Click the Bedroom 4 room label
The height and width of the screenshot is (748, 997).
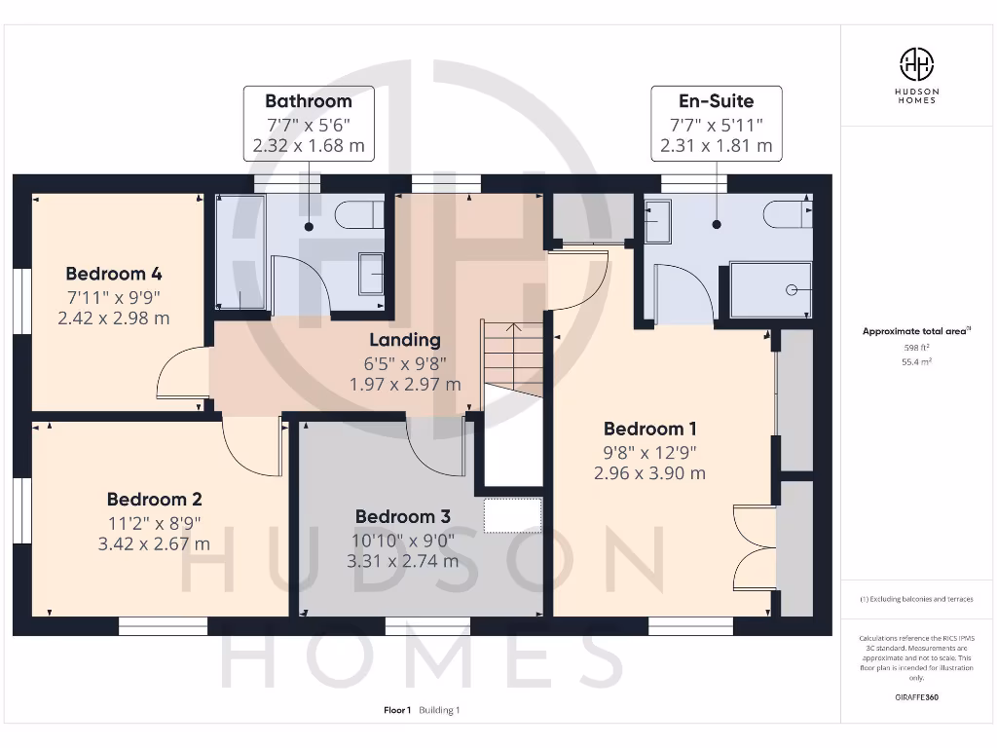tap(114, 274)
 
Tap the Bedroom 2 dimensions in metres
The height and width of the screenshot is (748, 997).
tap(154, 543)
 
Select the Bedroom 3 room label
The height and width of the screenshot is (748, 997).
tap(402, 517)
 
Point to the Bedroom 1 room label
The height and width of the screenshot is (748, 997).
tap(649, 430)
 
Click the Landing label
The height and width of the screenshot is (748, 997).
tap(405, 340)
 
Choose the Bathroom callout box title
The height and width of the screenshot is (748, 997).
tap(309, 100)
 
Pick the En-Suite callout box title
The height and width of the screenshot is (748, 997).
tap(716, 100)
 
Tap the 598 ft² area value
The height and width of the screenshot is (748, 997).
tap(915, 347)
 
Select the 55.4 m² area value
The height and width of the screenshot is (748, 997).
tap(915, 360)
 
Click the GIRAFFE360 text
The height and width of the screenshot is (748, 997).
tap(916, 697)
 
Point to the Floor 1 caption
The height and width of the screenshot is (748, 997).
tap(397, 710)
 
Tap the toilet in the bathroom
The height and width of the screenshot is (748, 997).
tap(357, 214)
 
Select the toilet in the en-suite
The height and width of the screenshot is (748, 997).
tap(787, 213)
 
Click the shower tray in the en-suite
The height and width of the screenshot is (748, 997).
tap(770, 289)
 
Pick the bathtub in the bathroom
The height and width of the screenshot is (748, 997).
tap(240, 251)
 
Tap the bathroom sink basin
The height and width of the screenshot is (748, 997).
tap(372, 273)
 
